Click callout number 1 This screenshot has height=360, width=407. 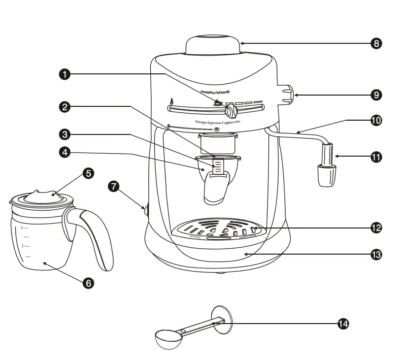[64, 74]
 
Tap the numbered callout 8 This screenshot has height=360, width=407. [376, 43]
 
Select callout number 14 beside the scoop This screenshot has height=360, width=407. [343, 324]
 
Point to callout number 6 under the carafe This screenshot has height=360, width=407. [88, 283]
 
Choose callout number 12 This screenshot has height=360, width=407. [376, 228]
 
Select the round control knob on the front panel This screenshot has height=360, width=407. [230, 110]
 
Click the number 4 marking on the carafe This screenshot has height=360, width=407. [22, 228]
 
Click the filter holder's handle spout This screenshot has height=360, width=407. [216, 192]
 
